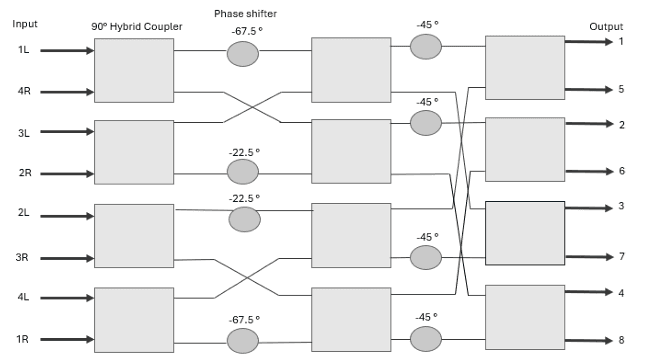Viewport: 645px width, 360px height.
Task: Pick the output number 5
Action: click(621, 89)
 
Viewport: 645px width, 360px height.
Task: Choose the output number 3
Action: click(621, 206)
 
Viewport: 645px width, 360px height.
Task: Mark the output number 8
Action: click(621, 340)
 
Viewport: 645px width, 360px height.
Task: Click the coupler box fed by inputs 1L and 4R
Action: click(133, 70)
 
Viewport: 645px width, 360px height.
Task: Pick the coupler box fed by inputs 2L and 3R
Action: click(133, 236)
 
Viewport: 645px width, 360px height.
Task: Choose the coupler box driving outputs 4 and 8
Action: click(524, 317)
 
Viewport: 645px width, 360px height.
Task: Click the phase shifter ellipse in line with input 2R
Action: click(242, 172)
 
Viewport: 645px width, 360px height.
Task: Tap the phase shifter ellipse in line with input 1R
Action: click(242, 341)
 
